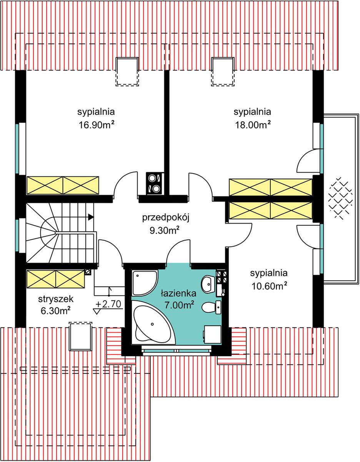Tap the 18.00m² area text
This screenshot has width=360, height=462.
253,125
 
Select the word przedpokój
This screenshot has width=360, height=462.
166,218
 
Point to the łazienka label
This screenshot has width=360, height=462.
178,294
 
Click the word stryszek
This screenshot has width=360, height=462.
56,299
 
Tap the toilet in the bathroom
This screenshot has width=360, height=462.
211,307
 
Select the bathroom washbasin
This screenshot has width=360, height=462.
208,284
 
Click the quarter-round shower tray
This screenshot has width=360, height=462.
145,283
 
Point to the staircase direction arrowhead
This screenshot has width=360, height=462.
91,217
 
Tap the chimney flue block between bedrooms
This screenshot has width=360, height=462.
155,184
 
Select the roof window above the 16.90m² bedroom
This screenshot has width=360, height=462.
127,72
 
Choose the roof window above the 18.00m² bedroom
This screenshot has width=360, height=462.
223,72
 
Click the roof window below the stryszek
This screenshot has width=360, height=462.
81,336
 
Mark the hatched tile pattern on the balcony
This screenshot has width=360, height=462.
340,198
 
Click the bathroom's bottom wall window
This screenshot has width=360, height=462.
177,350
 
